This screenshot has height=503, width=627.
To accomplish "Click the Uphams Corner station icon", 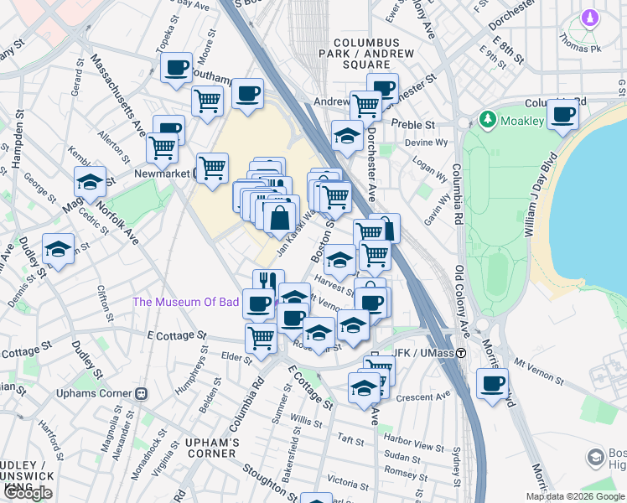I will coord(142,393).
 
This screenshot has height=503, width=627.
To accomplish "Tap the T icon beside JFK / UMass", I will coord(461,354).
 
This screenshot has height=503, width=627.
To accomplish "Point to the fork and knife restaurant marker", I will coord(268,283).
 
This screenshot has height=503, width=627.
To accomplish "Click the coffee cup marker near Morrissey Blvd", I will coord(492,385).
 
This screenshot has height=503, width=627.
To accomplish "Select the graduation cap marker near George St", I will coord(91,182).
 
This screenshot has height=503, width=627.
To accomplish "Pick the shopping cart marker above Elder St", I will coord(262,338).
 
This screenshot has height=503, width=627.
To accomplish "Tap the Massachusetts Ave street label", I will coord(117,96).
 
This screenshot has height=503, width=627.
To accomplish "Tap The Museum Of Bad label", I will coord(186,302).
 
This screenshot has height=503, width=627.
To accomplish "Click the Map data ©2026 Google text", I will coord(575,496).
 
